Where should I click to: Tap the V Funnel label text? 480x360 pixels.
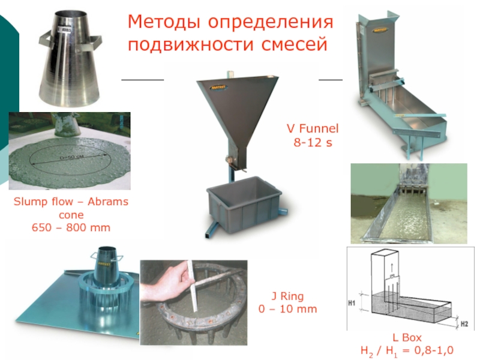point(312,128)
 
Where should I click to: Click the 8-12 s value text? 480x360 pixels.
point(312,143)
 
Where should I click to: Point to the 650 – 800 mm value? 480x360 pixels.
point(71,228)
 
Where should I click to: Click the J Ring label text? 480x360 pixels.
point(287,296)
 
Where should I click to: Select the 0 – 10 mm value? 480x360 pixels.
point(287,309)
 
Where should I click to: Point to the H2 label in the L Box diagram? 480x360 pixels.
point(464,323)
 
